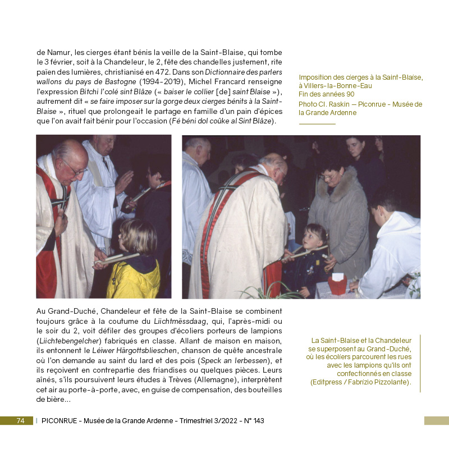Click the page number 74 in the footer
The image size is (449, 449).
(20, 421)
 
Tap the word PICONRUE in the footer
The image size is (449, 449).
(59, 421)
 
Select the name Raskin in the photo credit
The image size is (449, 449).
(344, 104)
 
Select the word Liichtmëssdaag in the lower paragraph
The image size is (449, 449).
(180, 321)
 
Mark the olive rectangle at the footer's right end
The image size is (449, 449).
(436, 420)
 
